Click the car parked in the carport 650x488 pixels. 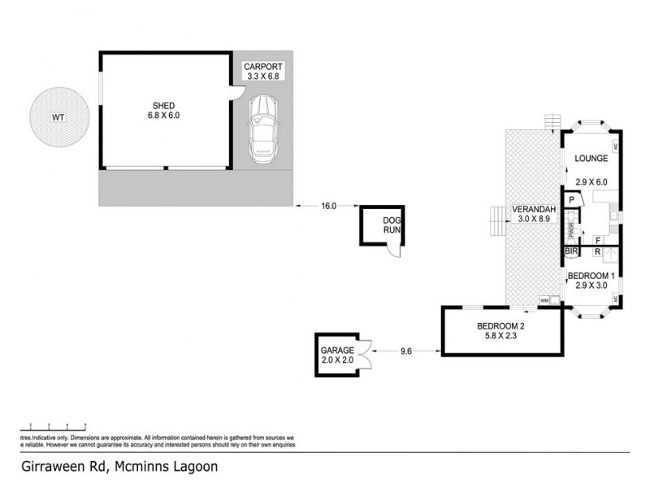click(264, 128)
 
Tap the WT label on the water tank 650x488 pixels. click(58, 117)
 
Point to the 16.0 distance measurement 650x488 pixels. click(328, 207)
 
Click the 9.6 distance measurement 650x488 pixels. click(407, 351)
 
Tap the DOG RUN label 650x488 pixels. click(392, 225)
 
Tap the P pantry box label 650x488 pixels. click(572, 200)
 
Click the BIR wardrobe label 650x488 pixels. click(571, 252)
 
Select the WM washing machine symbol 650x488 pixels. click(544, 301)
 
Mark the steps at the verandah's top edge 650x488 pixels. click(553, 121)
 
